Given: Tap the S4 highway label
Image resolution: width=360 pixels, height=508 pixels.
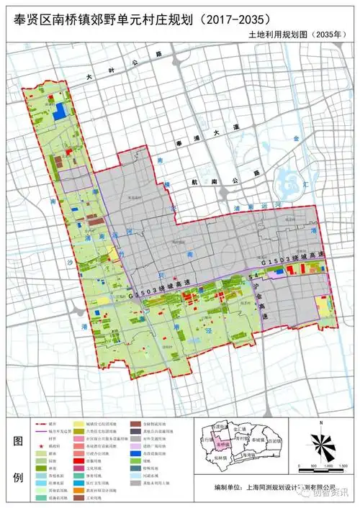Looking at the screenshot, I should [x=253, y=276].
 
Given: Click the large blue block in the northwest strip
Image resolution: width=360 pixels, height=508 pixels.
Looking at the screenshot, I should [x=62, y=110].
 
